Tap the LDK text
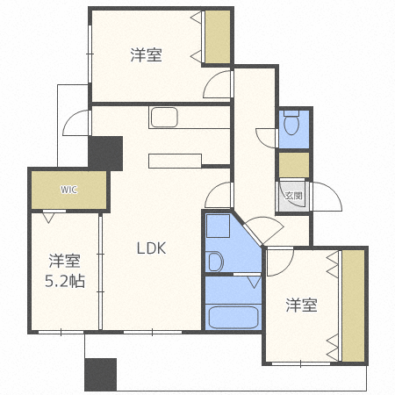pos(150,248)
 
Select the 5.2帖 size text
pos(65,283)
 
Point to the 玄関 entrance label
pos(292,196)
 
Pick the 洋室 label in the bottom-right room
pos(301,305)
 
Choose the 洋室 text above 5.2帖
pos(65,261)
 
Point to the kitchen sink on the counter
pos(163,117)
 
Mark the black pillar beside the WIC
pos(106,154)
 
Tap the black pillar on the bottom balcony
pos(100,375)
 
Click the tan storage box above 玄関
pos(293,164)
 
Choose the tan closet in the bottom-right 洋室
pos(353,305)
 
